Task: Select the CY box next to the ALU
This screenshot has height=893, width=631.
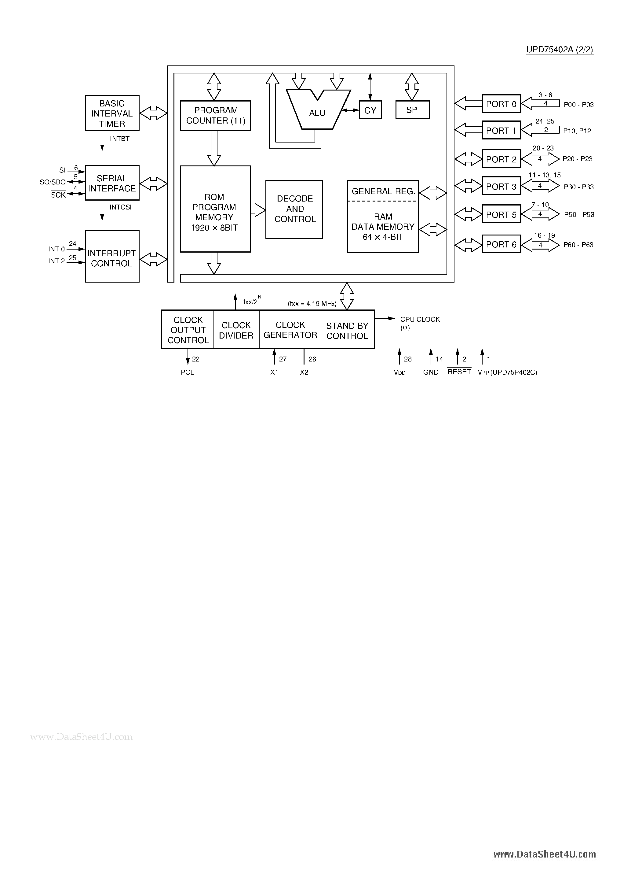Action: coord(370,110)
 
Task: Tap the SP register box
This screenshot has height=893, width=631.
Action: coord(412,110)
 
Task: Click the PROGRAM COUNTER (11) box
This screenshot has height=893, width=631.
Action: coord(215,116)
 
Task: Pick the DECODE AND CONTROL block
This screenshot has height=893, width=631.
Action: coord(294,209)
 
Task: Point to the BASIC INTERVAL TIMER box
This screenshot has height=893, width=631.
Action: coord(112,113)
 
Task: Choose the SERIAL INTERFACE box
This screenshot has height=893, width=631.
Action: coord(112,183)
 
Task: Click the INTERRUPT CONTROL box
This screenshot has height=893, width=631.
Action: coord(112,257)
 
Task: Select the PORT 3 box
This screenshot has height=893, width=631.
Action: coord(501,186)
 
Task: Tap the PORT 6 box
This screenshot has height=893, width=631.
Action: coord(501,244)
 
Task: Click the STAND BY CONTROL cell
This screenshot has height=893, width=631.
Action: coord(347,330)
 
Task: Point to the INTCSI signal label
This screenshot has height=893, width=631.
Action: coord(120,207)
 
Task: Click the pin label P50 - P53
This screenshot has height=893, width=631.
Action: coord(579,215)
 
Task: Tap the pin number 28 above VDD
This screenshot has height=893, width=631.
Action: coord(408,359)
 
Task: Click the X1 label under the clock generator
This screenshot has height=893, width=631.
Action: coord(274,372)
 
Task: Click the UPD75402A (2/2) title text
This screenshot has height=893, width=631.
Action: coord(560,50)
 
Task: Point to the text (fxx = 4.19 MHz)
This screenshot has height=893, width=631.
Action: coord(312,303)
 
